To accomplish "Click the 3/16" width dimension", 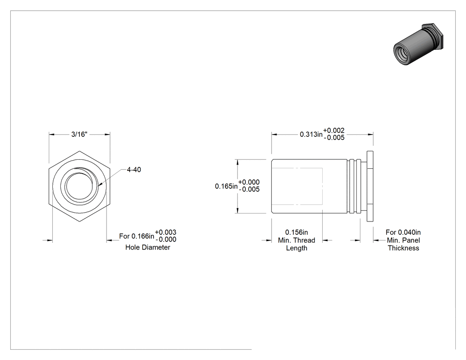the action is (x=79, y=135).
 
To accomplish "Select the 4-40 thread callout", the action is (x=134, y=170).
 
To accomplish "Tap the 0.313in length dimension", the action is (x=311, y=135).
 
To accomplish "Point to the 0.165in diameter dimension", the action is (x=226, y=186).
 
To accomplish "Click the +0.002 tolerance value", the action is (x=334, y=131).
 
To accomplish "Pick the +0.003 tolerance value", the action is (x=166, y=232).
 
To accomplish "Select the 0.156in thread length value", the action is (x=296, y=232).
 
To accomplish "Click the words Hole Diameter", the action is (x=148, y=247).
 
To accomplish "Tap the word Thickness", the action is (x=403, y=248).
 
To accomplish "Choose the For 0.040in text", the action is (x=403, y=232).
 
